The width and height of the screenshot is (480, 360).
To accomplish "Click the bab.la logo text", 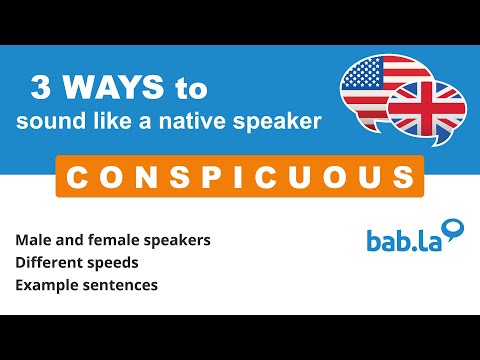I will pos(400,241).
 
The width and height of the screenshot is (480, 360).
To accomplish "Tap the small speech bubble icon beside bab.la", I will pos(455,229).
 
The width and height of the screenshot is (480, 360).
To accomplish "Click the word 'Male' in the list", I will pos(33,241).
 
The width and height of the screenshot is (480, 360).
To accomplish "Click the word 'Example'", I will pos(45,286).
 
